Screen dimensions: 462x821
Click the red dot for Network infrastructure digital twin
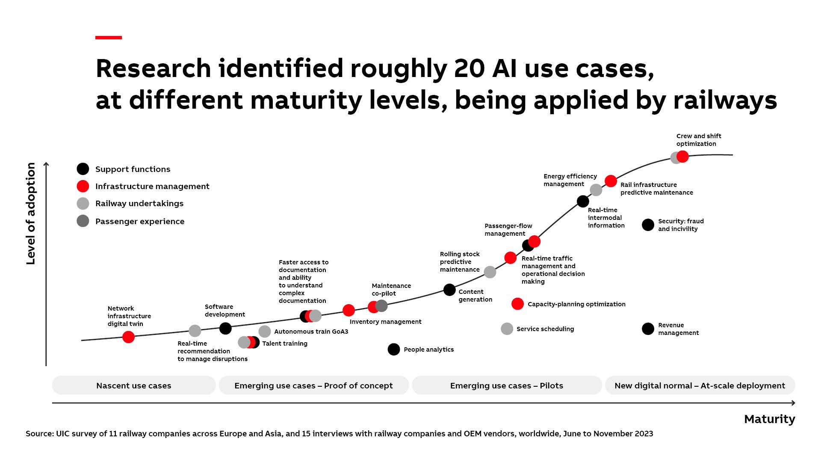point(128,337)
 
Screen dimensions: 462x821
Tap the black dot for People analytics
point(394,349)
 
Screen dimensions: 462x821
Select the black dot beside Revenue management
point(648,329)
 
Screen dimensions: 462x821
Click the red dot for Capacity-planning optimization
point(517,304)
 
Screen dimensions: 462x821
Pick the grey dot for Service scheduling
point(507,329)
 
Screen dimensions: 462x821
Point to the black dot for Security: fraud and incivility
point(648,225)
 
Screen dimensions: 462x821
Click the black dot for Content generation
point(449,290)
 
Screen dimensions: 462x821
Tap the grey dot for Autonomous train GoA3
point(265,332)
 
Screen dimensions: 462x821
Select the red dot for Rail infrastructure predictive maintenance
point(611,181)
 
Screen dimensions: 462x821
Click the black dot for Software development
point(225,329)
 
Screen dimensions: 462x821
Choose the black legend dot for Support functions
point(83,169)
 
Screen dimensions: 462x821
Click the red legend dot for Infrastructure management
point(83,186)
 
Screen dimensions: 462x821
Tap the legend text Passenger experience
point(140,222)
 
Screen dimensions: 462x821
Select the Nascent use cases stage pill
point(134,385)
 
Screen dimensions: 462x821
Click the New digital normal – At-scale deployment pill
point(700,385)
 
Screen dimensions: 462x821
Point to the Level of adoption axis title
point(31,214)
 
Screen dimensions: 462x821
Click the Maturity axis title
point(769,419)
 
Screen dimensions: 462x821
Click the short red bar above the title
point(109,38)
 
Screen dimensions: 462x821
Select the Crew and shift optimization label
point(698,140)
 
